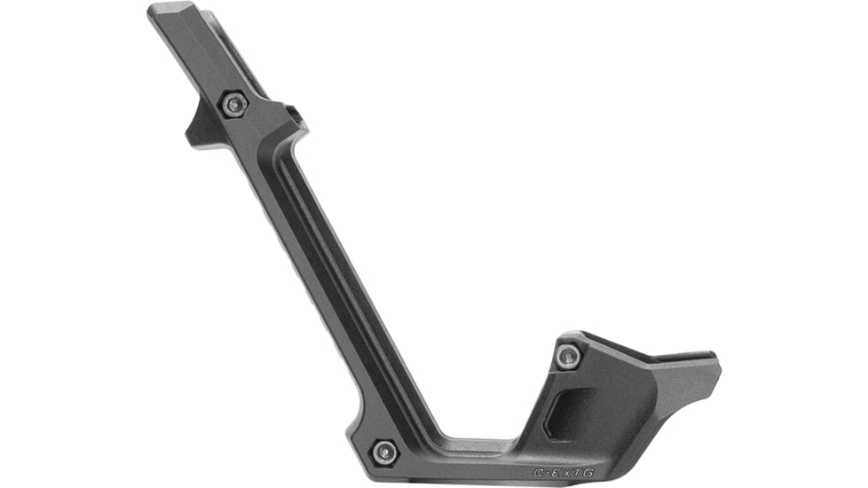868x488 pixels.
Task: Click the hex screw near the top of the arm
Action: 233,105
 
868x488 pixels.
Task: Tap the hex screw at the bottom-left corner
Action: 383,451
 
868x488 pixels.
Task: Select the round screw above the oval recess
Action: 568,357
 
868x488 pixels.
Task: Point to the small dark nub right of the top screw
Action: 293,114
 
